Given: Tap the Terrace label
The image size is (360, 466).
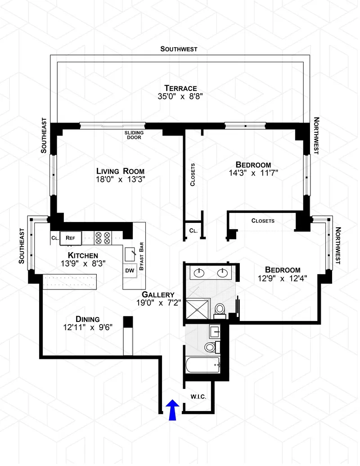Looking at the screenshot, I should point(179,88).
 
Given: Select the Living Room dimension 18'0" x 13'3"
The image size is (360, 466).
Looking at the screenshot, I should point(121,179).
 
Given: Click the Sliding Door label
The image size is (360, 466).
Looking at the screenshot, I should point(133,135).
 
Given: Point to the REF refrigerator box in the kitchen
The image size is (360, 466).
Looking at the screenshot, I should point(70,237).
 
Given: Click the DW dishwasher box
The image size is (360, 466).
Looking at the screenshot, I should point(130,271).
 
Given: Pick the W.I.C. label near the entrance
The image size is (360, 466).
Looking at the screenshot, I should point(198,397).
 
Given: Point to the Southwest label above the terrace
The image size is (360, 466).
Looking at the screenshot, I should point(179,49).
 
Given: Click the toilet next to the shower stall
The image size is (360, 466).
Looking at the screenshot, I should point(220,310).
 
